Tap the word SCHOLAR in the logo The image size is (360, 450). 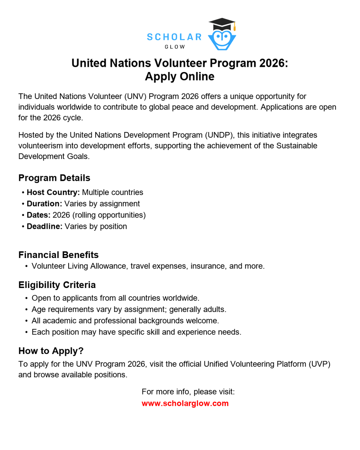point(174,37)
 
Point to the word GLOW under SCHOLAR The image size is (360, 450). point(175,47)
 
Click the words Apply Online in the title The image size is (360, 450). point(180,76)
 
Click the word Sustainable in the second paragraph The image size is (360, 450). point(297,145)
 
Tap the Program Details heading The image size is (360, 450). point(54,178)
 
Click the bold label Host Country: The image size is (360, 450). point(53,192)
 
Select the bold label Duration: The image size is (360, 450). point(44,204)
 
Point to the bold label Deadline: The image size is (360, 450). point(45,226)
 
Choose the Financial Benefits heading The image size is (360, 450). point(58,255)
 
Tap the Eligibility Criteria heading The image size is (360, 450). point(57,285)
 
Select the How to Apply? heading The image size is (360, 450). point(51,351)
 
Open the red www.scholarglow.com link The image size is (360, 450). point(185,403)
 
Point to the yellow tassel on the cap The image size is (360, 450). point(234,27)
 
